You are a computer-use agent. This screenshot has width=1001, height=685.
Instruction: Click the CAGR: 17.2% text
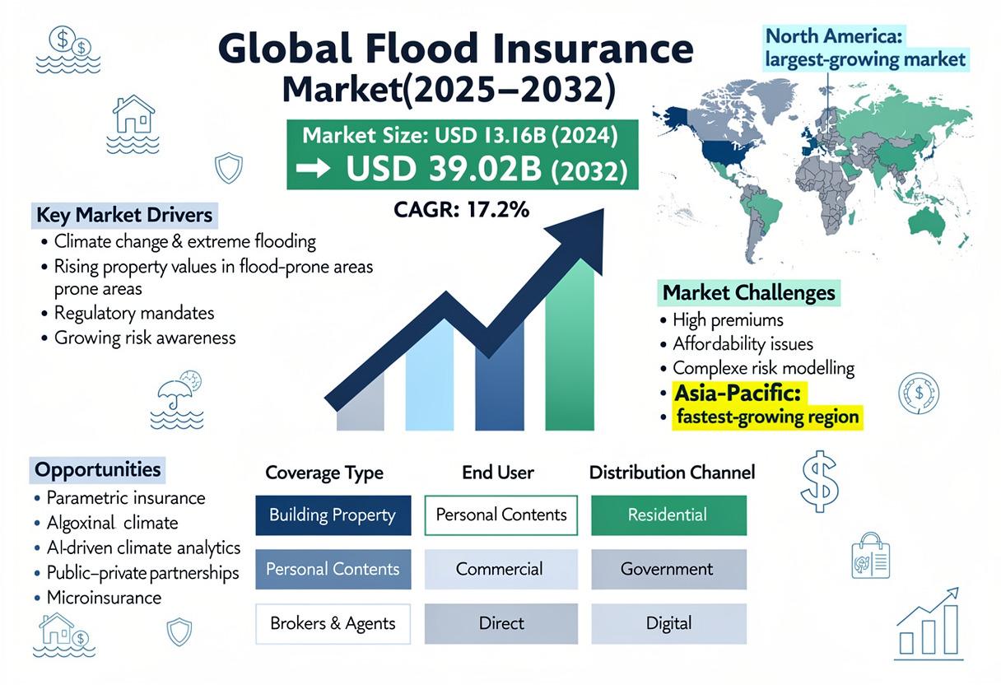click(461, 210)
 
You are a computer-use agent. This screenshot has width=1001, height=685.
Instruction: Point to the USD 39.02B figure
click(444, 169)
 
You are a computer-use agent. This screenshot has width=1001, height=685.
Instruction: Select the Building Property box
click(333, 515)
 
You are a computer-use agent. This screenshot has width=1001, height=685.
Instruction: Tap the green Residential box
click(668, 515)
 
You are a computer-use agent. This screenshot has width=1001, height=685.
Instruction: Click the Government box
click(668, 569)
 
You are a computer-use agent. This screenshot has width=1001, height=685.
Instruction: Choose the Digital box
click(668, 623)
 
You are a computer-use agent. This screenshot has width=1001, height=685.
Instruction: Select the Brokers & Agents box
click(333, 623)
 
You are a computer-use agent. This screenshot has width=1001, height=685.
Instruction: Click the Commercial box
click(501, 569)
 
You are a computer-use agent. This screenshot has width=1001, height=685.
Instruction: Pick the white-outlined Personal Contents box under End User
click(501, 515)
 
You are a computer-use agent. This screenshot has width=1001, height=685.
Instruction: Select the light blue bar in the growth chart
click(430, 375)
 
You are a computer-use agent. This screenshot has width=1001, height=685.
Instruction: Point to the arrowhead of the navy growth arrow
click(581, 237)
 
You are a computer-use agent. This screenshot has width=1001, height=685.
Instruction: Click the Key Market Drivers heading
click(124, 216)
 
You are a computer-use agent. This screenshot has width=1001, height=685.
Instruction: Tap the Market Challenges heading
click(748, 293)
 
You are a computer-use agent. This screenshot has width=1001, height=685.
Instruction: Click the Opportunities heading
click(97, 470)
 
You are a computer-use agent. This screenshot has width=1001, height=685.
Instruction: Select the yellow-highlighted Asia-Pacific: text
click(738, 394)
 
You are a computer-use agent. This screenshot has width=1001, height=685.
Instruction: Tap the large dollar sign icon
click(820, 482)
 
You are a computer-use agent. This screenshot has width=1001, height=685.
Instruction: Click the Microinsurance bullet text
click(104, 598)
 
